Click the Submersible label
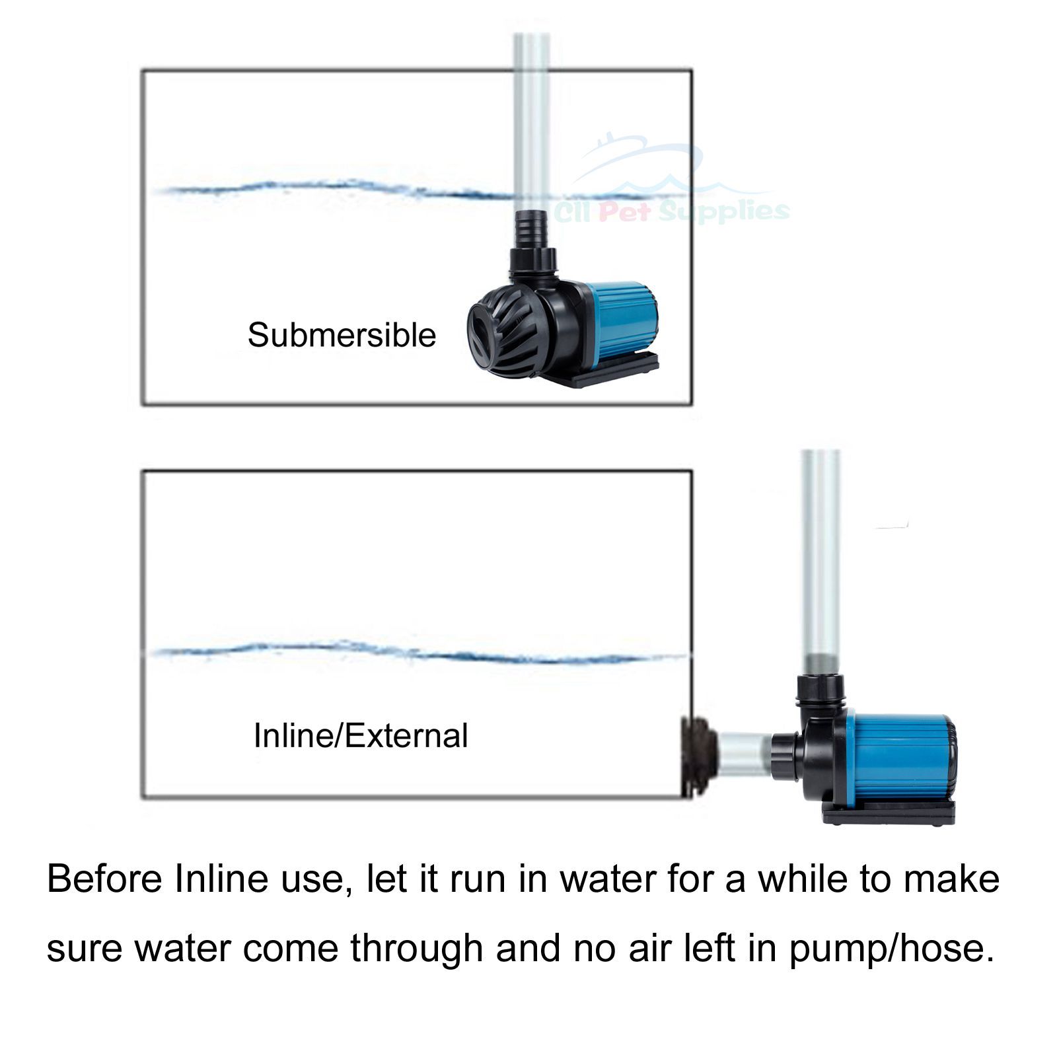click(342, 335)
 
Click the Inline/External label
click(361, 736)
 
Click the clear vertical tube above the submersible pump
click(532, 119)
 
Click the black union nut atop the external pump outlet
click(820, 687)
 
